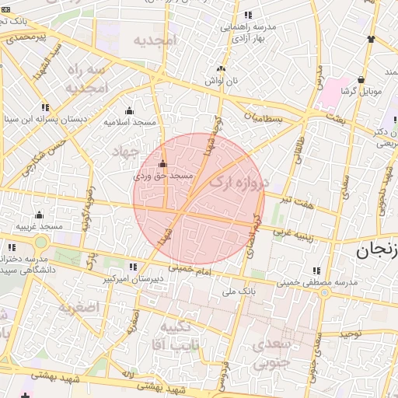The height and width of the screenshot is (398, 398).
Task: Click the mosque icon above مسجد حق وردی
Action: (162, 164)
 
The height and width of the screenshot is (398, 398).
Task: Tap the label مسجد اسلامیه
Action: (129, 122)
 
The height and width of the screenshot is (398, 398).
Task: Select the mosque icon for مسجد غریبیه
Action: (39, 215)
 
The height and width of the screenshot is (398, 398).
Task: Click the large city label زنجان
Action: (377, 250)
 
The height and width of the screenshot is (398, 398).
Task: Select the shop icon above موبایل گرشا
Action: (361, 79)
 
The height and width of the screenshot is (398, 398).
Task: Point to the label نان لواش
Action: (220, 81)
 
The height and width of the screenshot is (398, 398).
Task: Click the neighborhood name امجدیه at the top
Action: (155, 39)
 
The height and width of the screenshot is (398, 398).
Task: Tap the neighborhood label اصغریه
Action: (79, 306)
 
